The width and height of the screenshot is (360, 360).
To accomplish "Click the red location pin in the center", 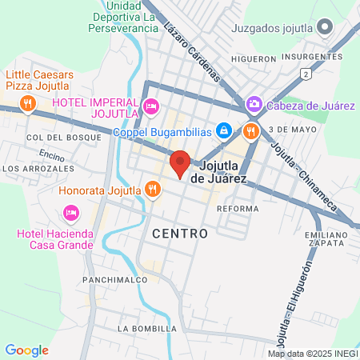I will pyautogui.click(x=180, y=162).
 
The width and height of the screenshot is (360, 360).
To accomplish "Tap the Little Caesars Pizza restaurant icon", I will pyautogui.click(x=28, y=102).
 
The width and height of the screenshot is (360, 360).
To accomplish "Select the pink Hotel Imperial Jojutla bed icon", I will pyautogui.click(x=150, y=106).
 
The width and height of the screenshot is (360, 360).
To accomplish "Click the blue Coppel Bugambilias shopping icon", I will pyautogui.click(x=225, y=130).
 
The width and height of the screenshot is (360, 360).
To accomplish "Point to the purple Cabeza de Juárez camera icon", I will pyautogui.click(x=254, y=103).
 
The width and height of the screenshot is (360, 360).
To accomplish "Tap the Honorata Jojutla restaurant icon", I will pyautogui.click(x=151, y=190).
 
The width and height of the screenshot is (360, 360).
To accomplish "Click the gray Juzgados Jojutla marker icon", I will pyautogui.click(x=323, y=29).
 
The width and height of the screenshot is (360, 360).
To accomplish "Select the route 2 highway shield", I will pyautogui.click(x=305, y=74).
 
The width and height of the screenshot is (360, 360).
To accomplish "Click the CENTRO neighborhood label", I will pyautogui.click(x=179, y=234).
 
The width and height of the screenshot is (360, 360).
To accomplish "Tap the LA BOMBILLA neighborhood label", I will pyautogui.click(x=146, y=329).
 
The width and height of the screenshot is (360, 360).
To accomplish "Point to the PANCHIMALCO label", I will pyautogui.click(x=115, y=280).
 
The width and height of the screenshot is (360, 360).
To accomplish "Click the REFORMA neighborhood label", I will pyautogui.click(x=238, y=208).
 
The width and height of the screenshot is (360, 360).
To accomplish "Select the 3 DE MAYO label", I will pyautogui.click(x=289, y=129).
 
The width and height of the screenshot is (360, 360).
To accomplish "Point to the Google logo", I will pyautogui.click(x=26, y=350).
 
